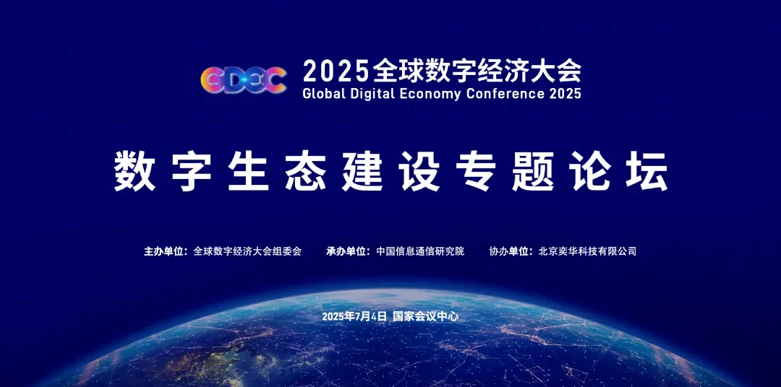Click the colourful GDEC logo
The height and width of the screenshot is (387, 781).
tap(244, 80)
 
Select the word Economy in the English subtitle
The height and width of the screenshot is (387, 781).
tap(431, 94)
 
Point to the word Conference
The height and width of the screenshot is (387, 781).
tap(505, 93)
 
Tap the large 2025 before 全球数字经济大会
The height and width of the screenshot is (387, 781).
tap(336, 70)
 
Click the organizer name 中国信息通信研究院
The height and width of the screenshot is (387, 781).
tap(420, 251)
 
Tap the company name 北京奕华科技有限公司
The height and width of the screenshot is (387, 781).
tap(588, 251)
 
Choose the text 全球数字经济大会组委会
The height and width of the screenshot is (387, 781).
tap(247, 251)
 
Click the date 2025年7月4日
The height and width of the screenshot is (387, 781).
tap(354, 316)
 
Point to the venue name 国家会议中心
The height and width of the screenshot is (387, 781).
tap(426, 316)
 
